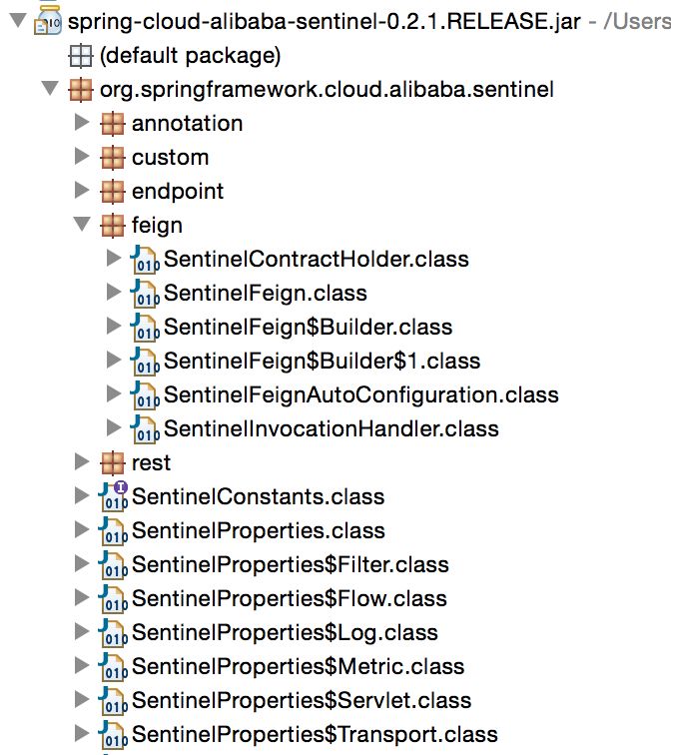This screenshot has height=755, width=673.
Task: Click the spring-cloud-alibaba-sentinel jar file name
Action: (324, 22)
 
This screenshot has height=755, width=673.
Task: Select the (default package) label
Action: (190, 56)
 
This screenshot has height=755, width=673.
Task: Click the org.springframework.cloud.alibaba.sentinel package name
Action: (327, 90)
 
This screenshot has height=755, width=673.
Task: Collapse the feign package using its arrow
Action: (82, 224)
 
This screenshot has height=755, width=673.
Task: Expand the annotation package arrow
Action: (82, 122)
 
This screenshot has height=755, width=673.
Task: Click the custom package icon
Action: (113, 158)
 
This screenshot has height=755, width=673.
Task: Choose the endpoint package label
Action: (178, 192)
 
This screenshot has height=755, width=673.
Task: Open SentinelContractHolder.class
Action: (317, 259)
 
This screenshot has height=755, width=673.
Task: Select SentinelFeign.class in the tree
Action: (266, 294)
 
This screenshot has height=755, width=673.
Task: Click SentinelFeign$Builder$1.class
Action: (323, 362)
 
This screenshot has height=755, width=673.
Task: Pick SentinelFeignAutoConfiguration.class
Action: (361, 394)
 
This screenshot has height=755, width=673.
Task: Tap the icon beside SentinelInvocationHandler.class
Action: (145, 428)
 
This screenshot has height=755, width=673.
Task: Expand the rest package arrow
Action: (82, 461)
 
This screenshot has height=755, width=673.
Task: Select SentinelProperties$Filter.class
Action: (291, 565)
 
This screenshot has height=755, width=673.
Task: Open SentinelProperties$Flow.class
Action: (290, 598)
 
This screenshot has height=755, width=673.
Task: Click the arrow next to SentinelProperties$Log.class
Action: (82, 631)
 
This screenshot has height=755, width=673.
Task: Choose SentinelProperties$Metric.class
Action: (298, 666)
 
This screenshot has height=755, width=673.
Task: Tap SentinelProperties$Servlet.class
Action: (302, 701)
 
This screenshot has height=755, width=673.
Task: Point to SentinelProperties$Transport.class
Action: (315, 735)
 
